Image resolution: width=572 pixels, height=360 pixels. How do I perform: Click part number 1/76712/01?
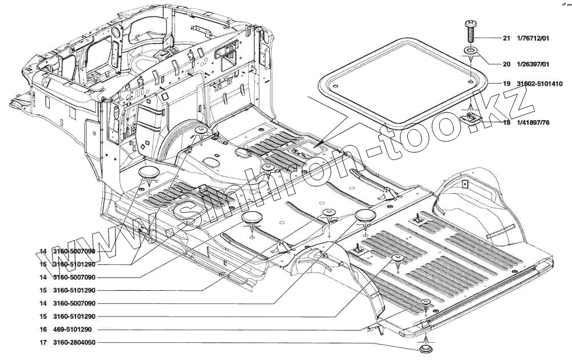(x=533, y=39)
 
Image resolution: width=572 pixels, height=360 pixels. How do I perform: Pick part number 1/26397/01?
(x=533, y=64)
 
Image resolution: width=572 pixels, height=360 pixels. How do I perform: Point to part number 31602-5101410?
(x=539, y=84)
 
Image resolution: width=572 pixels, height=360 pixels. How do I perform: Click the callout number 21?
(x=506, y=39)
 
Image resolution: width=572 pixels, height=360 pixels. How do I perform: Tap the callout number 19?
(x=506, y=84)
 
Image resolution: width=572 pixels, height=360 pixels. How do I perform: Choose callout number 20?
(x=506, y=64)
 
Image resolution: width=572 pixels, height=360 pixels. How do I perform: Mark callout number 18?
(x=506, y=122)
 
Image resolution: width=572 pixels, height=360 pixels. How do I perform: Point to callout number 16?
(x=43, y=330)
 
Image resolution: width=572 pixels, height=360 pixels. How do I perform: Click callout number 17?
(x=43, y=343)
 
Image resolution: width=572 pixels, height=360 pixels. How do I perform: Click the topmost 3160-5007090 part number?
(x=74, y=251)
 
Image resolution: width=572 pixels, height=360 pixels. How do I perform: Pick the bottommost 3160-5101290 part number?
(x=74, y=317)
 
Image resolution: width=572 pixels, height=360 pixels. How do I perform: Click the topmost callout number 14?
(x=43, y=251)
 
